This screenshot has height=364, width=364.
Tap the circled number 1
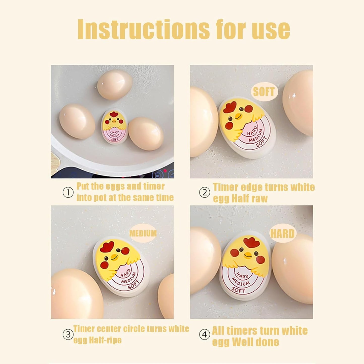click(x=68, y=193)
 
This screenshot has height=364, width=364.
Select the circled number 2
click(x=204, y=193)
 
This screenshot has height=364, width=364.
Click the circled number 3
click(x=68, y=335)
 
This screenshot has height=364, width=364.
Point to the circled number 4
click(x=204, y=335)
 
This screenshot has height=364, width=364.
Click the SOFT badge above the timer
click(x=263, y=92)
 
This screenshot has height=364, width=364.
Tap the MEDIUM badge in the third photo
click(x=143, y=233)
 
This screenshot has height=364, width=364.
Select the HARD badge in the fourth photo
click(x=282, y=234)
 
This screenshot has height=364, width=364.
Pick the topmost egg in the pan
click(x=115, y=85)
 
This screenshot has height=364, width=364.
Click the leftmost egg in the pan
click(x=77, y=121)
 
